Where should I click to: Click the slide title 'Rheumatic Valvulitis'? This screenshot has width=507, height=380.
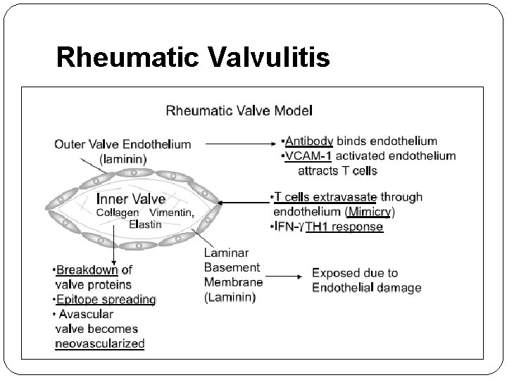point(192,57)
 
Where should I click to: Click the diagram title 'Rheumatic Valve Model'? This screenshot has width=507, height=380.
point(239,110)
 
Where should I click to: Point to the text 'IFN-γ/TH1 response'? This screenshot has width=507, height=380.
point(327,227)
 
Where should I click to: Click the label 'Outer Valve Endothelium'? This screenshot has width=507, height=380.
point(123,144)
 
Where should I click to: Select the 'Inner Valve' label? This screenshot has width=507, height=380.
point(130,198)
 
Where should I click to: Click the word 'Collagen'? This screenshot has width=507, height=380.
point(118,213)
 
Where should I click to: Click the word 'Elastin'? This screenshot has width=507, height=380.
point(145,224)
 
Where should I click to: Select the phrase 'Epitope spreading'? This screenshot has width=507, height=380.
point(106,299)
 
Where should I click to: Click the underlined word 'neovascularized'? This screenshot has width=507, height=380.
point(99,344)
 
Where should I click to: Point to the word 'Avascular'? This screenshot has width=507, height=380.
point(84,314)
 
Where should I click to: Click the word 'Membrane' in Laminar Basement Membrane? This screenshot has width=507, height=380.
point(233,282)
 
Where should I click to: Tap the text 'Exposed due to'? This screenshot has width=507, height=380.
point(355,272)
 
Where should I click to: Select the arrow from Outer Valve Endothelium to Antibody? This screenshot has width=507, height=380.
point(238,144)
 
